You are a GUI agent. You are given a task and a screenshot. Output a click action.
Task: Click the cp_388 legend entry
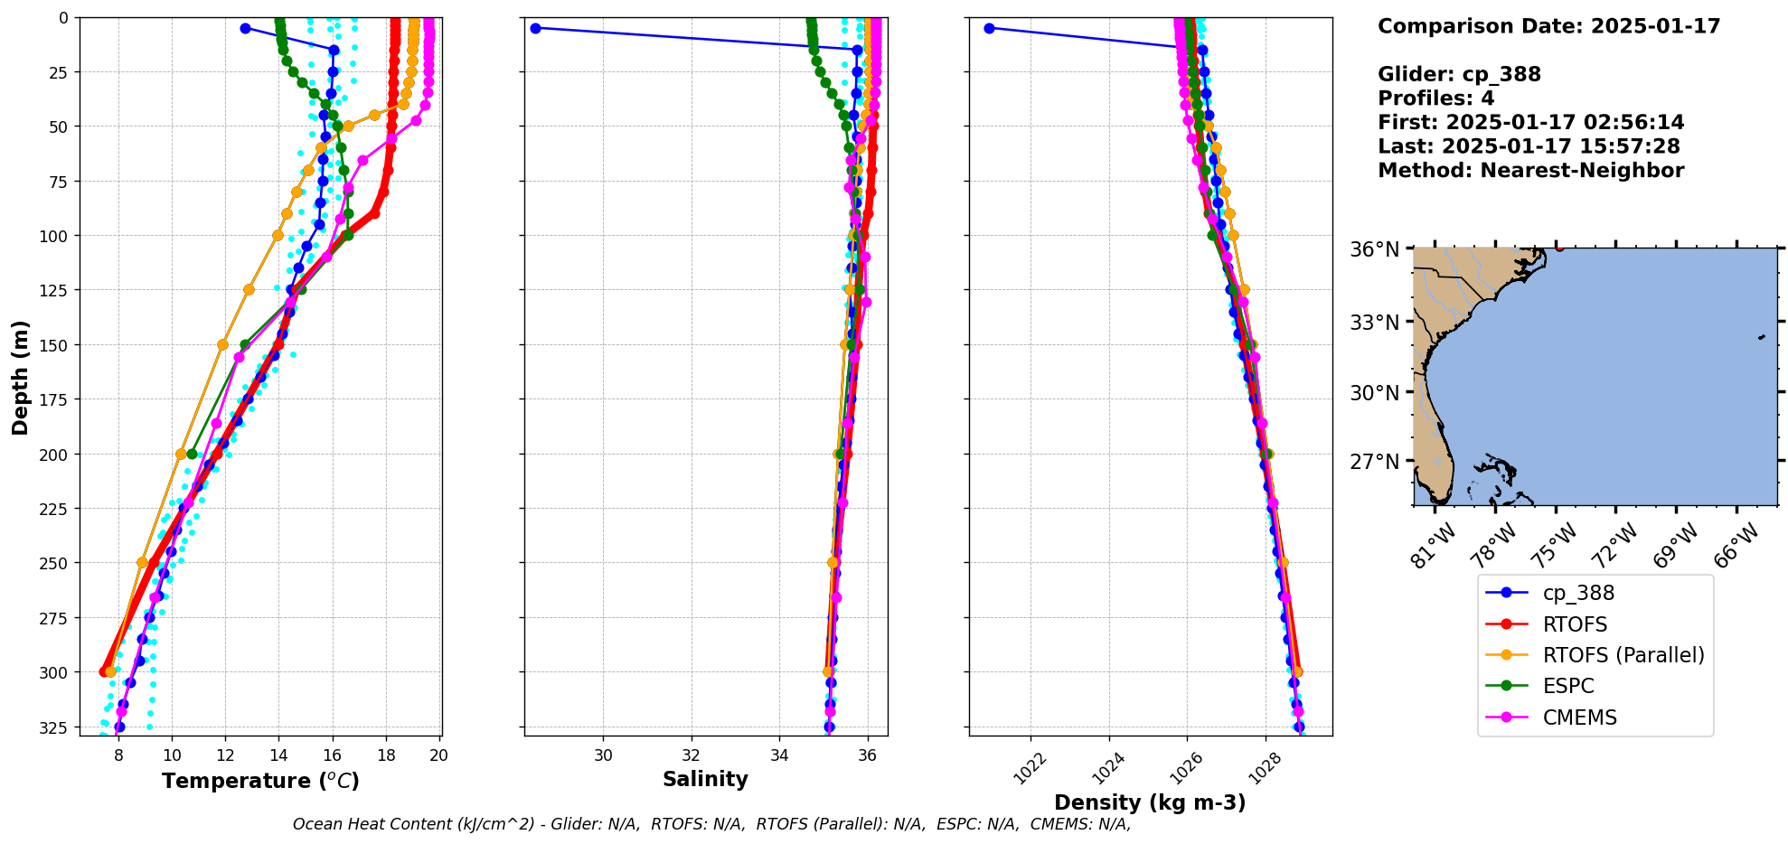pyautogui.click(x=1577, y=594)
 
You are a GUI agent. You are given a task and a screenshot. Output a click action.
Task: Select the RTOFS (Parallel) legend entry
pyautogui.click(x=1623, y=655)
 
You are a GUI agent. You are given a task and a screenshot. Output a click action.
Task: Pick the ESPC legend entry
pyautogui.click(x=1567, y=686)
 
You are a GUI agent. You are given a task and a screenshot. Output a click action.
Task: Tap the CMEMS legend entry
pyautogui.click(x=1578, y=717)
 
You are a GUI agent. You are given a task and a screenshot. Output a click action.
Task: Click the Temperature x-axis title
pyautogui.click(x=260, y=781)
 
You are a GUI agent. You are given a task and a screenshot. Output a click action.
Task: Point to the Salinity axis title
pyautogui.click(x=705, y=780)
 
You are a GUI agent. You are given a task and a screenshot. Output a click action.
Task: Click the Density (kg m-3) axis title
pyautogui.click(x=1150, y=802)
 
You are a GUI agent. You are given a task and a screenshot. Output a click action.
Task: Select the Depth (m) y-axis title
pyautogui.click(x=20, y=377)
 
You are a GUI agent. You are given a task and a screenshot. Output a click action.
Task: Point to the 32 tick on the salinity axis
pyautogui.click(x=692, y=755)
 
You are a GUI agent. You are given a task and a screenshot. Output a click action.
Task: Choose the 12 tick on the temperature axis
pyautogui.click(x=225, y=755)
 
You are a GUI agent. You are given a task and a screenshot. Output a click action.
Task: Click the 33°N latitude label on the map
pyautogui.click(x=1375, y=323)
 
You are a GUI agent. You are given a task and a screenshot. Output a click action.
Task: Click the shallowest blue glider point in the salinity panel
pyautogui.click(x=535, y=28)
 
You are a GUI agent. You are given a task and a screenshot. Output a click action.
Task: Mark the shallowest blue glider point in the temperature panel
pyautogui.click(x=245, y=28)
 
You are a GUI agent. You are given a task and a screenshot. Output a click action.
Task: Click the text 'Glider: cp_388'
pyautogui.click(x=1459, y=74)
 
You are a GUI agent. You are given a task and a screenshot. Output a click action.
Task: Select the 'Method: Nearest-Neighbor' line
pyautogui.click(x=1530, y=171)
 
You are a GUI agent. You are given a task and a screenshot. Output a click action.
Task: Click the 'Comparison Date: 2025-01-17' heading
pyautogui.click(x=1548, y=26)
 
